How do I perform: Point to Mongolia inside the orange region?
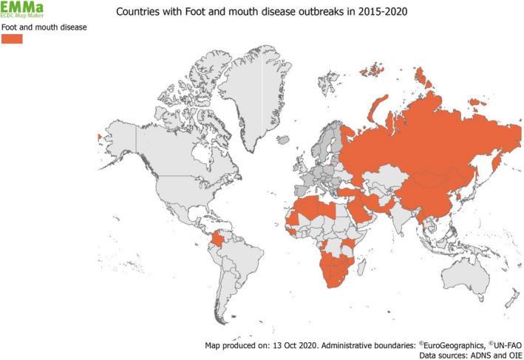pos(432,177)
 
